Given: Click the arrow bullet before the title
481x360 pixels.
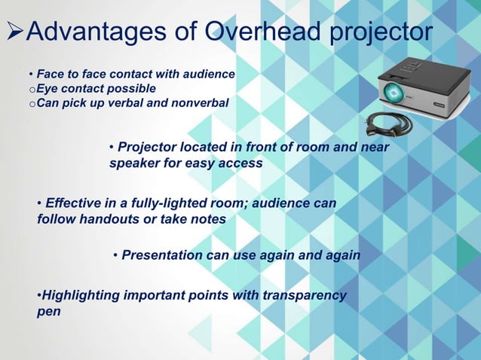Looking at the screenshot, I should [15, 34].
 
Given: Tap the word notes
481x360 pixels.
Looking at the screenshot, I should [209, 219].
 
